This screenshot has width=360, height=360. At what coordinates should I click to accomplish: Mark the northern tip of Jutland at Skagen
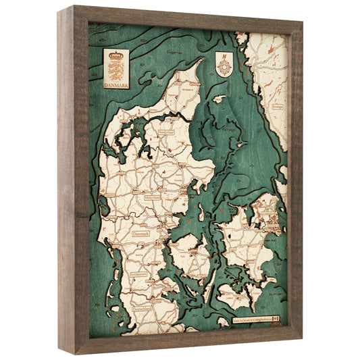(x=201, y=60)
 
